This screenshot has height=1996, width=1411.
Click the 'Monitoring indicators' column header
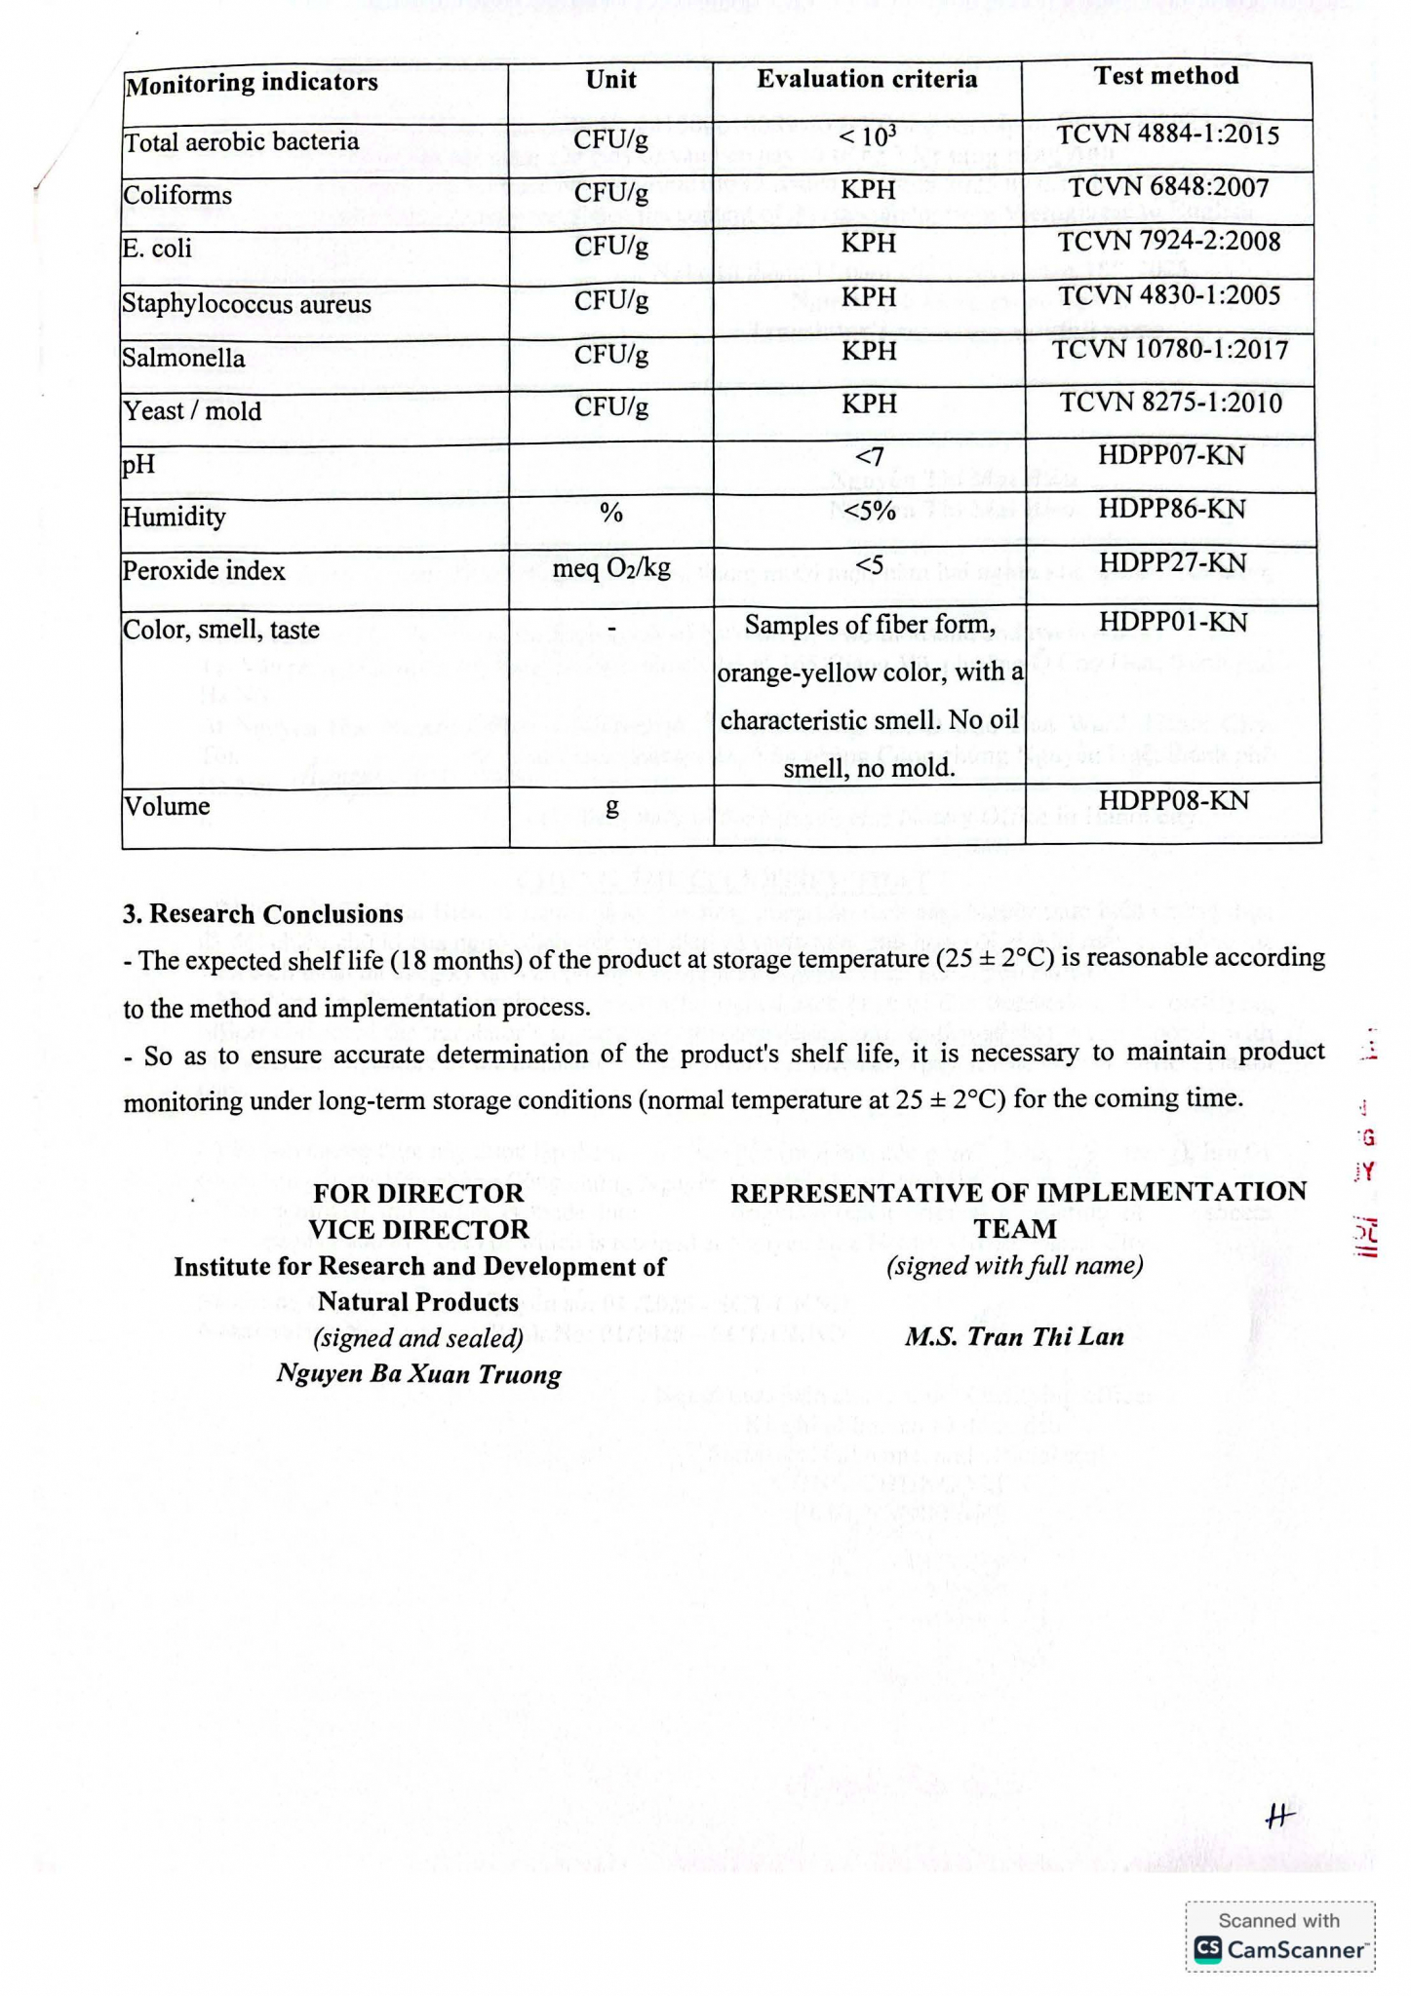[x=252, y=83]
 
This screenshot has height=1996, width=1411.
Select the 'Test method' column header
[x=1166, y=76]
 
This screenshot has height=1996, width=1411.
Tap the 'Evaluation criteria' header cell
[x=867, y=79]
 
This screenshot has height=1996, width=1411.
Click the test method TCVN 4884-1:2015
[x=1168, y=134]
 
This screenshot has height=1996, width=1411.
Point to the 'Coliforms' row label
[x=177, y=196]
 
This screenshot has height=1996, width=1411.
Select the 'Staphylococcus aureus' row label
[x=247, y=304]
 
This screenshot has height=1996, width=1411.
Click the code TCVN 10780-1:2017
[x=1170, y=350]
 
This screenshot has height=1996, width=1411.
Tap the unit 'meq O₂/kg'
[x=611, y=568]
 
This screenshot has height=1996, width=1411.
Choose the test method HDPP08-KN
[x=1172, y=800]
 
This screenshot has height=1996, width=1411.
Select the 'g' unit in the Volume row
[x=611, y=807]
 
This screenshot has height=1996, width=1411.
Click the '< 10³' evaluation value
[x=868, y=135]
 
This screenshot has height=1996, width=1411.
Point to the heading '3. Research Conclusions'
[x=263, y=914]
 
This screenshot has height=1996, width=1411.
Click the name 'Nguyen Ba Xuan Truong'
[x=418, y=1375]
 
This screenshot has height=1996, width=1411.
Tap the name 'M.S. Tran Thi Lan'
[x=1014, y=1337]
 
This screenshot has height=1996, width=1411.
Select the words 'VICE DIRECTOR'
[x=418, y=1230]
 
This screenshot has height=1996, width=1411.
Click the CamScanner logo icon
[x=1208, y=1948]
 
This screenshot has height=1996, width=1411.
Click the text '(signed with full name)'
[x=1014, y=1266]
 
